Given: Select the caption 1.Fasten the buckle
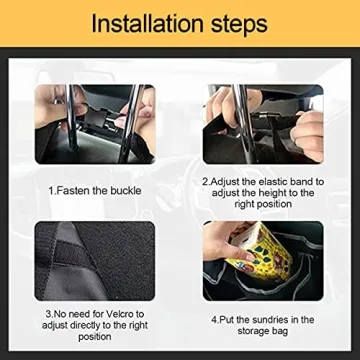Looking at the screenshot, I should [x=95, y=189].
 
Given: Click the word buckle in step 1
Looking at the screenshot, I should [x=124, y=189].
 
